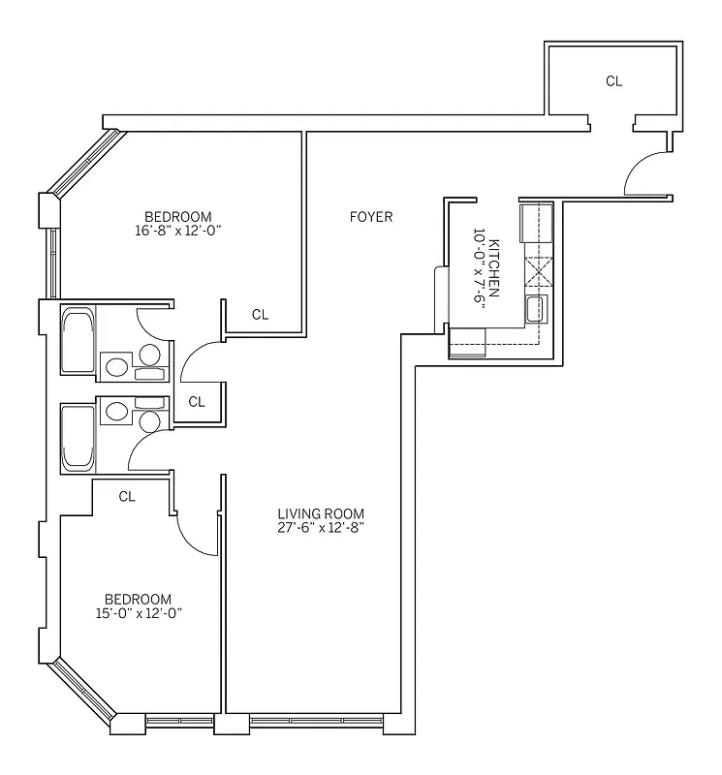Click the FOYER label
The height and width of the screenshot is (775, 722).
pyautogui.click(x=371, y=217)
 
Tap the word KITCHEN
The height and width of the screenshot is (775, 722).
pyautogui.click(x=495, y=260)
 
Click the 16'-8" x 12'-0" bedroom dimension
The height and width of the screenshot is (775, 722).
pyautogui.click(x=177, y=232)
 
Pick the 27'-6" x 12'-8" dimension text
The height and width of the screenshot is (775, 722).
pyautogui.click(x=320, y=528)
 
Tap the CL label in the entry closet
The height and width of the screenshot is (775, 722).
pyautogui.click(x=613, y=81)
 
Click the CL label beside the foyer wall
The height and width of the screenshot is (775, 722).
pyautogui.click(x=260, y=314)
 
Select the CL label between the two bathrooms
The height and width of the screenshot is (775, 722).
pyautogui.click(x=196, y=401)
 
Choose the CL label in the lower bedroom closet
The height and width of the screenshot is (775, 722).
pyautogui.click(x=126, y=496)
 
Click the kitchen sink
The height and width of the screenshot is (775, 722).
pyautogui.click(x=536, y=309)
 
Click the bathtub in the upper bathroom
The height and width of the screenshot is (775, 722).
pyautogui.click(x=78, y=340)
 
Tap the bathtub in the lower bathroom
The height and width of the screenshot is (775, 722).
pyautogui.click(x=78, y=439)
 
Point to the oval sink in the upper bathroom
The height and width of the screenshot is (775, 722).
pyautogui.click(x=116, y=367)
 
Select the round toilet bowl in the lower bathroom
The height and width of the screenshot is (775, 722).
pyautogui.click(x=149, y=420)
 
